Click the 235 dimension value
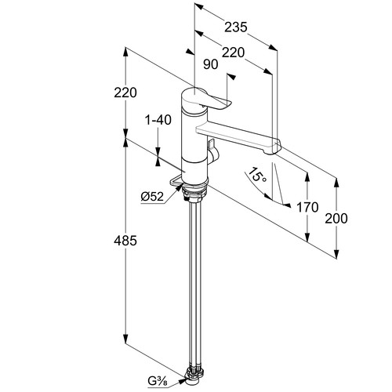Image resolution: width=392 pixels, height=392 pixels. (236, 27)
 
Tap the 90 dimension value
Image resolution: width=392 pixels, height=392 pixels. (210, 64)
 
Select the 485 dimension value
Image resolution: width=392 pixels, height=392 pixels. (125, 241)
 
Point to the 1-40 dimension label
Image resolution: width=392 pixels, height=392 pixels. (158, 120)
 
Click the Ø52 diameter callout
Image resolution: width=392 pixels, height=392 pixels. (152, 197)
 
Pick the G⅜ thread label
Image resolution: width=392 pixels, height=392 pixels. (157, 382)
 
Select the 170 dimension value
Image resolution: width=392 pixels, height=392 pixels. (307, 207)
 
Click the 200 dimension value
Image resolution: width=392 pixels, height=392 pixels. (336, 219)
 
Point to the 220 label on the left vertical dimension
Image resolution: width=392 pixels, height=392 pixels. (125, 93)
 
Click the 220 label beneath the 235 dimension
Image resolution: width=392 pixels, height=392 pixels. (233, 53)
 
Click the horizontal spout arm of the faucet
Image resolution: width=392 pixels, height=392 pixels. (238, 136)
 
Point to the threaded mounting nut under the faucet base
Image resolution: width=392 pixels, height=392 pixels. (194, 193)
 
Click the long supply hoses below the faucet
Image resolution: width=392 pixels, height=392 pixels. (194, 284)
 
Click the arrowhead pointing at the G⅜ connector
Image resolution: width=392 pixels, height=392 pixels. (181, 382)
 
